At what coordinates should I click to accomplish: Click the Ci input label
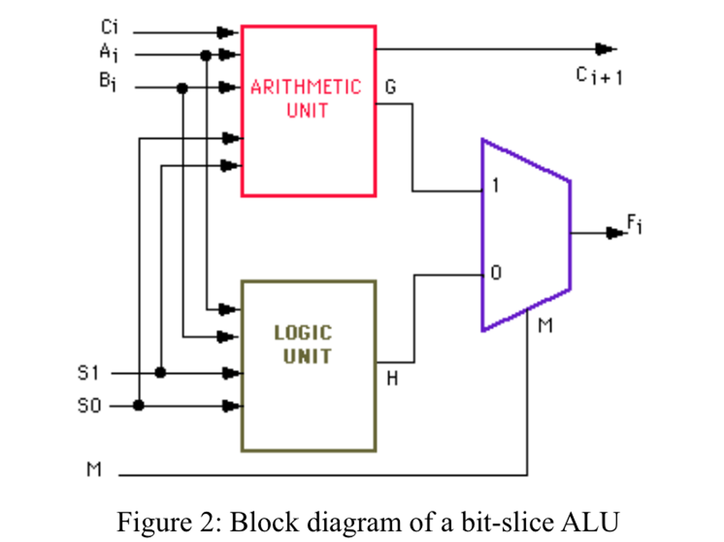pos(109,27)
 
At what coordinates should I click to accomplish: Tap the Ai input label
pos(108,52)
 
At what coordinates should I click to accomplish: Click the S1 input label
pos(88,373)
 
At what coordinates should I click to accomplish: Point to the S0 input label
pos(89,406)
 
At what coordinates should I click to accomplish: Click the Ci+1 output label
pos(599,76)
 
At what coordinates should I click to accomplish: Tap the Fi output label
pos(634,224)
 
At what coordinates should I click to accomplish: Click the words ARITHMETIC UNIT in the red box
pos(306,98)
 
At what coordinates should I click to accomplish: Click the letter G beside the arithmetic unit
pos(391,87)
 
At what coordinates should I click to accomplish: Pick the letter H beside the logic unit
pos(392,379)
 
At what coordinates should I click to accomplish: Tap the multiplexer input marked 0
pos(496,273)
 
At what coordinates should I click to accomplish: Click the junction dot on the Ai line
pos(206,56)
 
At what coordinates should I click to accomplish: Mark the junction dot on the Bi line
pos(182,88)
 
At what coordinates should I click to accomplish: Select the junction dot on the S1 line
pos(160,373)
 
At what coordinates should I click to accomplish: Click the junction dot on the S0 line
pos(139,405)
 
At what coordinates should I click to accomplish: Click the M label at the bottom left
pos(94,470)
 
